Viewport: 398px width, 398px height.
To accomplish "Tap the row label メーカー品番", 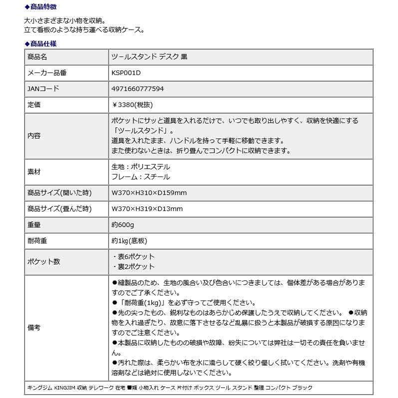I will coord(46,73).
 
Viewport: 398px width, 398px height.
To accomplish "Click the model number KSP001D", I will coord(126,73).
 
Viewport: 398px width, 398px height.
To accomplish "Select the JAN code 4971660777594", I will coord(137,89).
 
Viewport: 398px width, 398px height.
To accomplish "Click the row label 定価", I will coord(33,105).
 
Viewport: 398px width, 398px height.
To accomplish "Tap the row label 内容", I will coord(33,135).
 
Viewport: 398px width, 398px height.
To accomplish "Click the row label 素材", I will coord(33,171).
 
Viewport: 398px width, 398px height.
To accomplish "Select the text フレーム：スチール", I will coord(140,177).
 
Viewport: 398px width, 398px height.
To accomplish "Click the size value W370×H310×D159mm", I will coord(149,193).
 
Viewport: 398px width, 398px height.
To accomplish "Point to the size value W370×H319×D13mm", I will coord(147,208).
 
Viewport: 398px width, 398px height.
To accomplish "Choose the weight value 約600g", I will coord(122,224).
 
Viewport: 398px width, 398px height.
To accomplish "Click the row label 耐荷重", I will coord(37,240).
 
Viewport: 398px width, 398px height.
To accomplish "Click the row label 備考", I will coord(33,327).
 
